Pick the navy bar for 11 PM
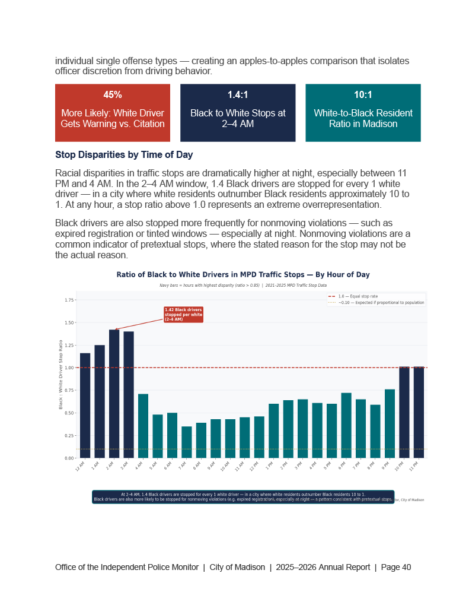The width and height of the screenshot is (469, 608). [x=419, y=412]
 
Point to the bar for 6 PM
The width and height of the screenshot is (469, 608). [x=346, y=425]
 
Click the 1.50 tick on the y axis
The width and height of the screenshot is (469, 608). [x=69, y=323]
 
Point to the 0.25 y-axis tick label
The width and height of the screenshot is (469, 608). [x=69, y=435]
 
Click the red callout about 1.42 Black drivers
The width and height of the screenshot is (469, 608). [x=183, y=315]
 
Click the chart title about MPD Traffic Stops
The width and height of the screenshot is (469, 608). [x=243, y=275]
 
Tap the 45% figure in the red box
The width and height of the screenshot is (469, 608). [x=113, y=95]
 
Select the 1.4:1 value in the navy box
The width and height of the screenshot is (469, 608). [x=238, y=95]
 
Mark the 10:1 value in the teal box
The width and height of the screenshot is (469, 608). [x=363, y=95]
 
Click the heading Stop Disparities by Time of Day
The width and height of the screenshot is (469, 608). [x=124, y=155]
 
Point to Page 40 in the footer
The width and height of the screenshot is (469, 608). [x=396, y=567]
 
